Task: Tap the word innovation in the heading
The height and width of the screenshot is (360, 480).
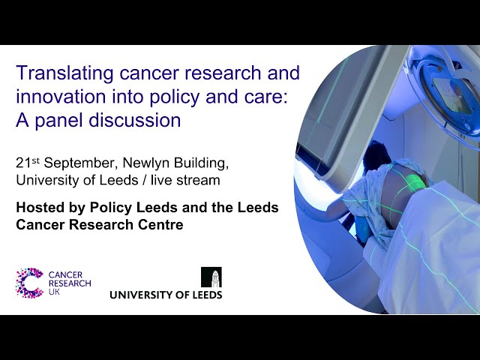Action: pos(61,97)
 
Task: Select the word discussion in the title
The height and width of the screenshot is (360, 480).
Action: pos(135,120)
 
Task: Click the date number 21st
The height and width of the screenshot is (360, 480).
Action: pos(28,163)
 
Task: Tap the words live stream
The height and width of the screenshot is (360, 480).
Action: pos(185,180)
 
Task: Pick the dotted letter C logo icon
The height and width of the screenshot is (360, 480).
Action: pos(29,283)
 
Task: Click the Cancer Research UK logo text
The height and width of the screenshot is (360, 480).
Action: pos(70,283)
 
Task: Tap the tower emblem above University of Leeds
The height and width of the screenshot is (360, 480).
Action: pos(211,277)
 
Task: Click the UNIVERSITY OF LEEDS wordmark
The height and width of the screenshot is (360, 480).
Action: pos(166,295)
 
